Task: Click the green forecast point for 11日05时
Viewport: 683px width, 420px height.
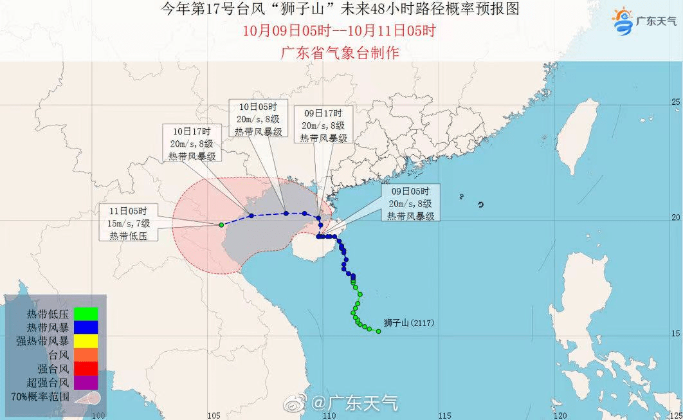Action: click(221, 224)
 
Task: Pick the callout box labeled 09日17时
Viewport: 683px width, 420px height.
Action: click(324, 125)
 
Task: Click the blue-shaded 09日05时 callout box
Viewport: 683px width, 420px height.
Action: click(410, 203)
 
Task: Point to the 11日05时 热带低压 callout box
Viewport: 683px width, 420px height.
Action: click(129, 223)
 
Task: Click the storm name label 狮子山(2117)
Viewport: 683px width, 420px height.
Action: click(409, 323)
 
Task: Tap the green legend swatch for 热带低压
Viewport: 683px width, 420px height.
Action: click(86, 314)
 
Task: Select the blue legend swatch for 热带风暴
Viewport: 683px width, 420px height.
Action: click(86, 327)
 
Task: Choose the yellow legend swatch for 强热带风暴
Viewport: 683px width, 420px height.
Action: click(86, 340)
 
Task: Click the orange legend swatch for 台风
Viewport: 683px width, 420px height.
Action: click(86, 354)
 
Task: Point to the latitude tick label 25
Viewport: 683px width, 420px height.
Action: click(675, 102)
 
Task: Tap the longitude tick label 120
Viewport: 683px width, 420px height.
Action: click(561, 415)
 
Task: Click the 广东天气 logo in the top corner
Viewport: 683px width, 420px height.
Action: click(644, 22)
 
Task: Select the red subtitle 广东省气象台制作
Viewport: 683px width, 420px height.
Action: click(340, 53)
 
